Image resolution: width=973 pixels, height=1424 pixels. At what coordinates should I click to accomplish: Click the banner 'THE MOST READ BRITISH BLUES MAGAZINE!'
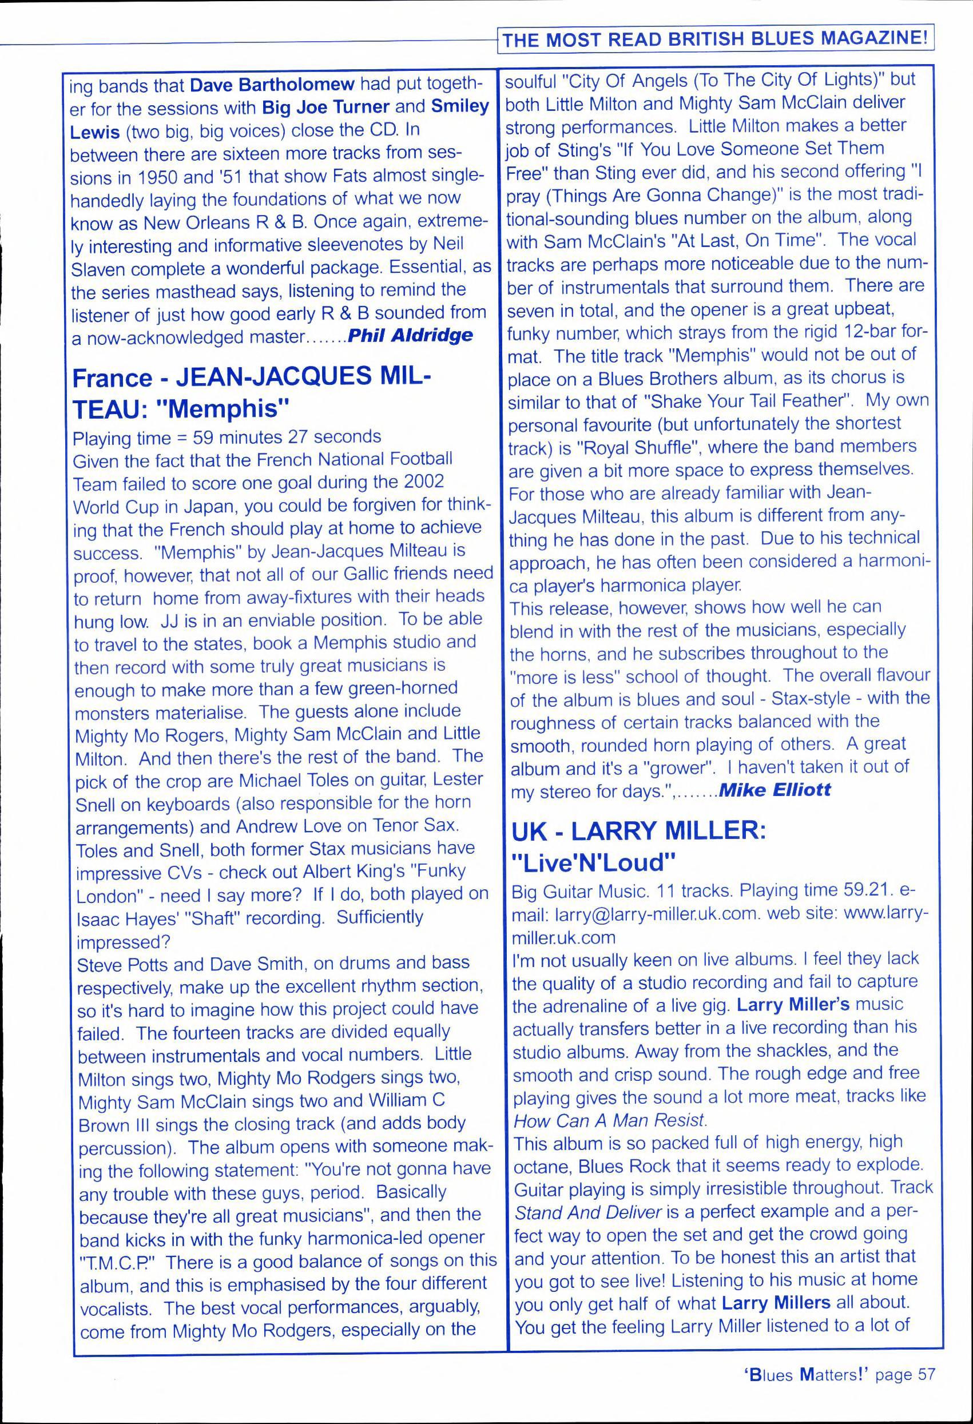pyautogui.click(x=715, y=39)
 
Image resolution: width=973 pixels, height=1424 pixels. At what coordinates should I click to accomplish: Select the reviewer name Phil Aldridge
pyautogui.click(x=410, y=335)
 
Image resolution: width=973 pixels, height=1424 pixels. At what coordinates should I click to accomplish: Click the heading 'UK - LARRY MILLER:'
pyautogui.click(x=639, y=830)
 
